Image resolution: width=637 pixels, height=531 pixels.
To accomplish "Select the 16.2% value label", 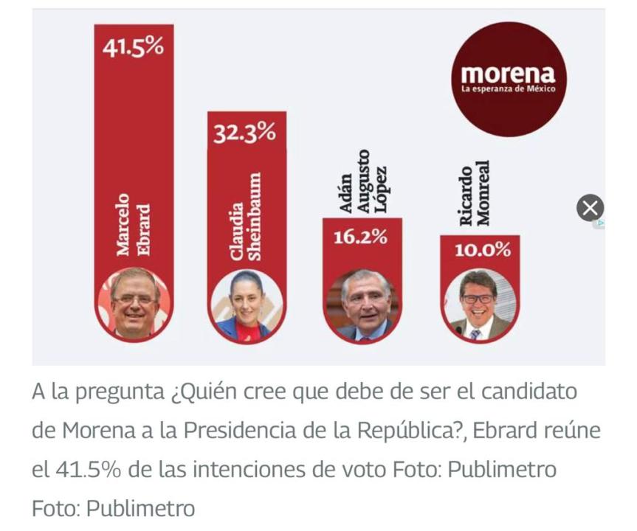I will pos(362,237).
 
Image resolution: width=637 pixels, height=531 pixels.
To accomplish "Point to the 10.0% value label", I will pos(481,250).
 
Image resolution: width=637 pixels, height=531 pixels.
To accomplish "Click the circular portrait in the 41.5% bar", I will pos(134,303).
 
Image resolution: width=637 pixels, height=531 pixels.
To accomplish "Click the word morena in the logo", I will pos(508,74).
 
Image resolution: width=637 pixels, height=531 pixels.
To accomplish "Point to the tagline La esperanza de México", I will pos(508,89).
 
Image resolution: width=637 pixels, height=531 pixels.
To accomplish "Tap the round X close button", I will pos(590,209).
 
